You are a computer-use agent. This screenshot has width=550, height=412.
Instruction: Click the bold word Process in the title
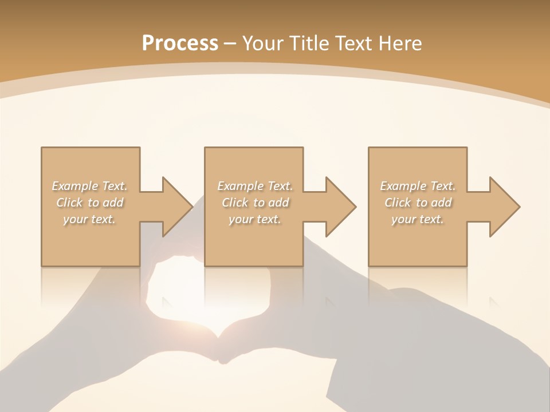point(180,43)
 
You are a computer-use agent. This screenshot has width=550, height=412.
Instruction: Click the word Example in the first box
point(75,186)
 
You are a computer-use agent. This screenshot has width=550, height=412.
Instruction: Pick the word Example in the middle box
point(240,186)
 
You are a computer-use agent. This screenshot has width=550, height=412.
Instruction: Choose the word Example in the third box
point(403,186)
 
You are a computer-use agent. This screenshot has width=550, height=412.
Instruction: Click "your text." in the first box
point(89,219)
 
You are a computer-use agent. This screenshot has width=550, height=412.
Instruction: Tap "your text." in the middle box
point(254,219)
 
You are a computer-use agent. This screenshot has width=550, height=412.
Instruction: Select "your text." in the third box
point(418,219)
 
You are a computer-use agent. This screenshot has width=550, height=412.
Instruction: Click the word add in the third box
point(442,203)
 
